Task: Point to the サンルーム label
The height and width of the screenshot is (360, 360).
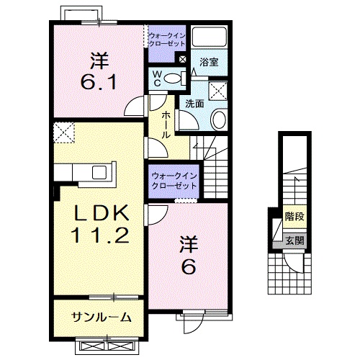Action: pos(101,317)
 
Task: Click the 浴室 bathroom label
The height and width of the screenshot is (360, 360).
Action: pos(210,62)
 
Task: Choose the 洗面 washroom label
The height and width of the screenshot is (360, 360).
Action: pos(194,103)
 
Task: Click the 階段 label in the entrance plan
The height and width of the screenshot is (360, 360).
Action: pos(293,215)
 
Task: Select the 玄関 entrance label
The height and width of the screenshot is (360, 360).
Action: pos(293,240)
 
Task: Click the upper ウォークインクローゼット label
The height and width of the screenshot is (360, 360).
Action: pos(167,37)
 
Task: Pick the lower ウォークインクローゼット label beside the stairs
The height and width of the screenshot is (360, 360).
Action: pos(174,181)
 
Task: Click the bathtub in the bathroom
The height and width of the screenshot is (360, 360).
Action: pos(212,39)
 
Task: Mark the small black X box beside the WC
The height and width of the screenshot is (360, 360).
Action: pos(182,60)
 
